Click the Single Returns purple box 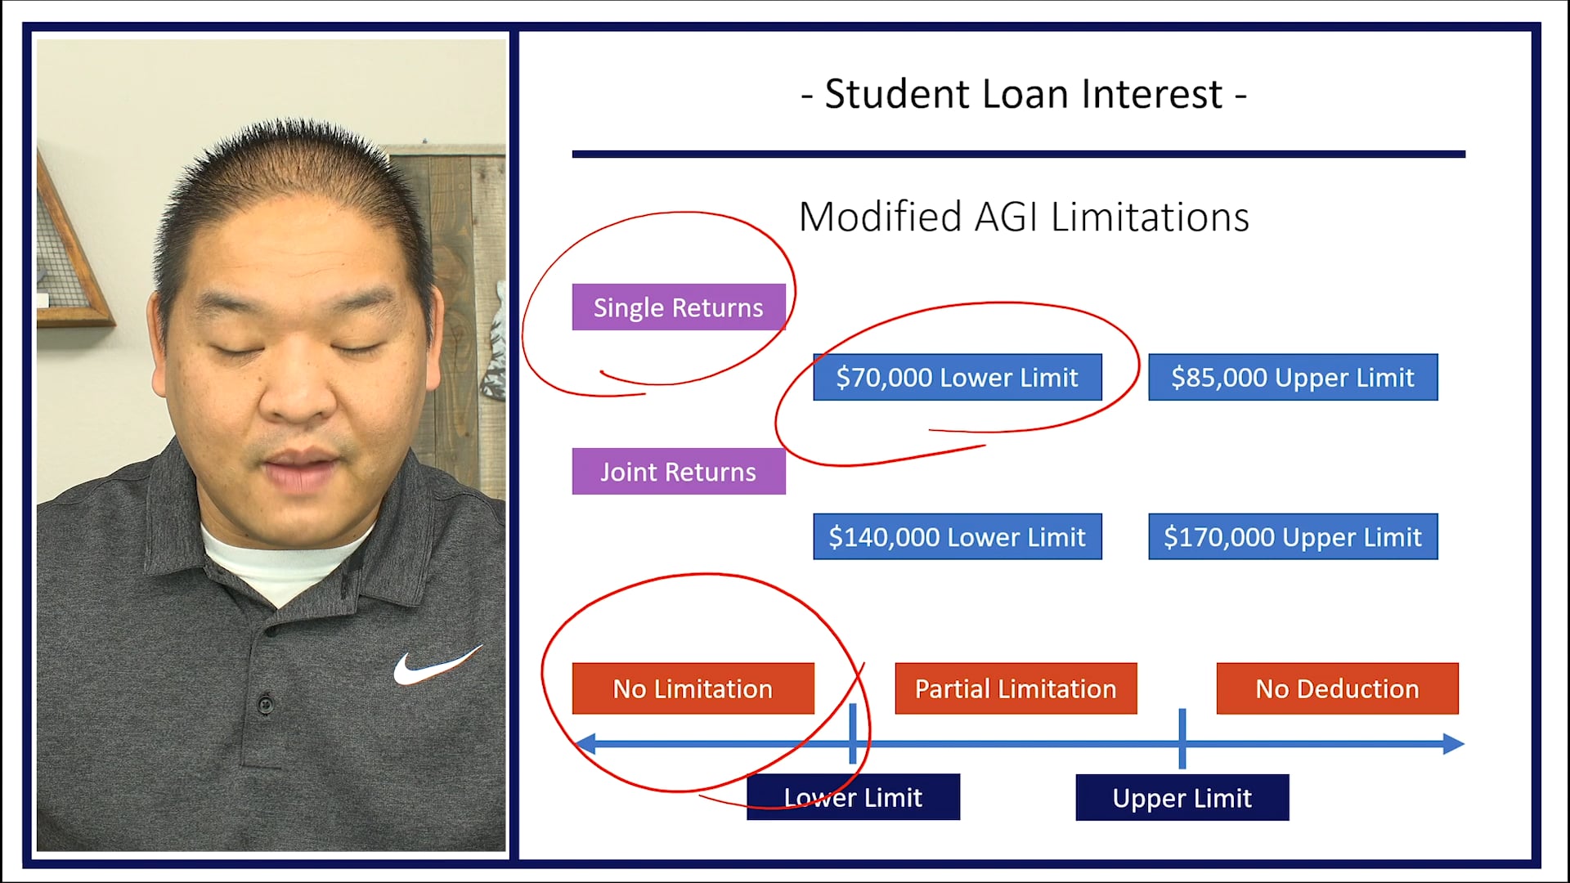pos(679,307)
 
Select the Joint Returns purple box pos(679,472)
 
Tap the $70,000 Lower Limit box pos(957,377)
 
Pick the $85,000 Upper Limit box pos(1292,377)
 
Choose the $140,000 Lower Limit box pos(957,537)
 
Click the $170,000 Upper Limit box pos(1292,537)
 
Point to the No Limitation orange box pos(693,688)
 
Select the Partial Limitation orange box pos(1016,688)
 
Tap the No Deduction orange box pos(1337,688)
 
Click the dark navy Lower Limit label pos(853,797)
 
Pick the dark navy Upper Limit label pos(1182,797)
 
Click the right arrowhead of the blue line pos(1453,744)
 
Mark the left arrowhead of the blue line pos(585,744)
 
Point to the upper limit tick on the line pos(1182,738)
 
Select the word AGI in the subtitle pos(1005,217)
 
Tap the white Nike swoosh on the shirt pos(433,666)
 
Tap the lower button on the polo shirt pos(265,703)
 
